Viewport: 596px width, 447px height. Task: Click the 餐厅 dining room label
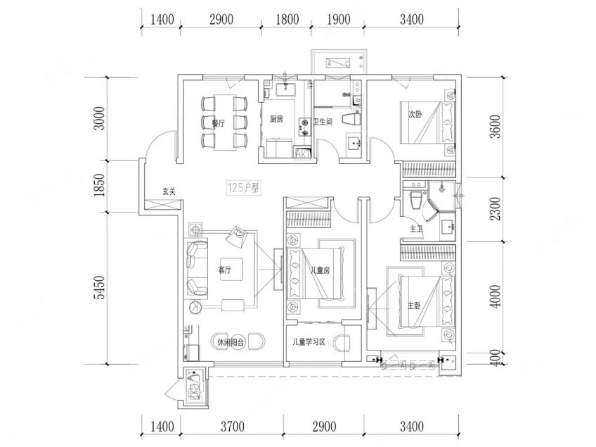point(218,122)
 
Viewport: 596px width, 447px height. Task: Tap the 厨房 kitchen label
point(276,119)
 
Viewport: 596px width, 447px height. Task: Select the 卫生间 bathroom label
point(323,122)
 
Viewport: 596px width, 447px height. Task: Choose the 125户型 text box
point(243,187)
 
